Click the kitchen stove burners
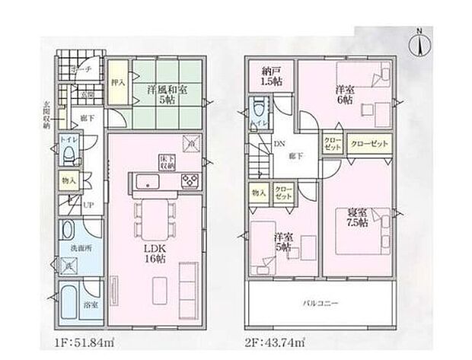click(x=189, y=180)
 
